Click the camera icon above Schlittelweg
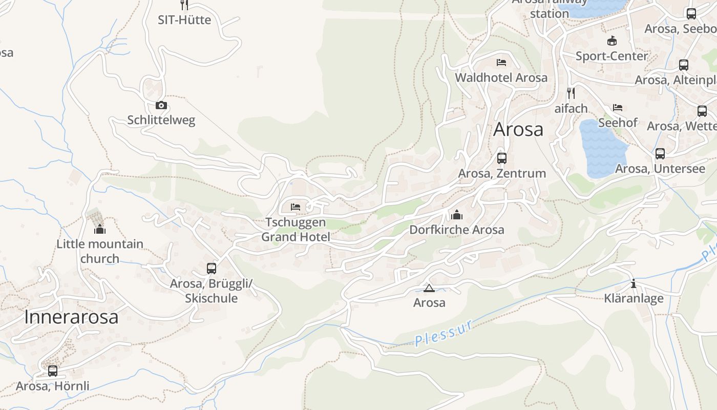coord(161,106)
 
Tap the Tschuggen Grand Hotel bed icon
coord(296,207)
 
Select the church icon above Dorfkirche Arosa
coord(456,214)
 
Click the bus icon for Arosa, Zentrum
coord(501,158)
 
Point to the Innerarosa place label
coord(71,317)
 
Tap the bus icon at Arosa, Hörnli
coord(52,371)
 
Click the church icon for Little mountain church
coord(99,229)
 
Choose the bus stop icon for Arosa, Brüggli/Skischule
coord(211,268)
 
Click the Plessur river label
coord(444,333)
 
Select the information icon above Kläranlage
coord(634,283)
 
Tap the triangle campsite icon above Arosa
coord(429,288)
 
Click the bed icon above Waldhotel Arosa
coord(501,63)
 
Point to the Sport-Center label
coord(611,56)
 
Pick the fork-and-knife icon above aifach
coord(571,93)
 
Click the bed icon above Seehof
coord(618,108)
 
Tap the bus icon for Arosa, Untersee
coord(660,153)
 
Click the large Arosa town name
coord(518,129)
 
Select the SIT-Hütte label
coord(184,20)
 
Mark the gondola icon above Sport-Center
coord(611,40)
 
